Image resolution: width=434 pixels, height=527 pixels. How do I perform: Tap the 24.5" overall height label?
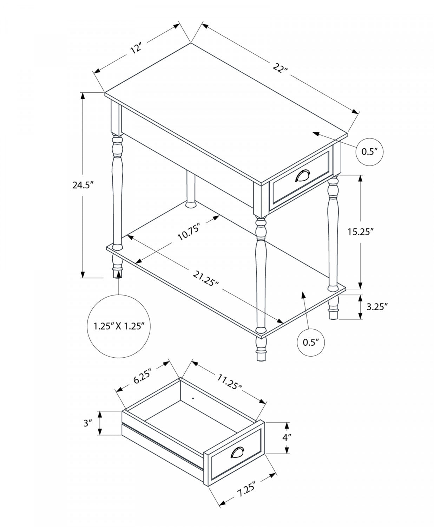coord(82,185)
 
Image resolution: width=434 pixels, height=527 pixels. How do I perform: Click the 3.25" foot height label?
coord(377,306)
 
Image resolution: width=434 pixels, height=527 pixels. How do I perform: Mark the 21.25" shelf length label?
coord(206,279)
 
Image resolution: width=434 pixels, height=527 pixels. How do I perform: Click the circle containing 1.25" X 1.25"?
coord(119,326)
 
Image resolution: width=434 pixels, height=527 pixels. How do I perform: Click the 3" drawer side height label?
coord(87,423)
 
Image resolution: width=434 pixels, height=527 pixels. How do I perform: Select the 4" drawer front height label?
coord(287,437)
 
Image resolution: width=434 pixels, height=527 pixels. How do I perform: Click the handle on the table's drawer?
coord(303,176)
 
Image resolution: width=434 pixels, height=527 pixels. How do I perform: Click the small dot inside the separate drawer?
coord(193,398)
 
